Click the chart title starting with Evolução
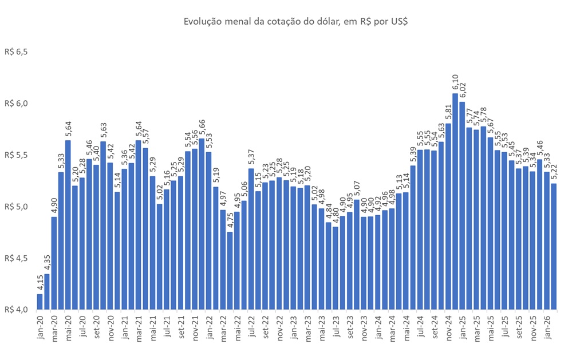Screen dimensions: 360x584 click(295, 21)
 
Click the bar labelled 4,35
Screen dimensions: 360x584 click(47, 291)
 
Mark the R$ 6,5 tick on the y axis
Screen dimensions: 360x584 click(16, 52)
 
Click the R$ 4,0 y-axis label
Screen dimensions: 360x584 click(16, 310)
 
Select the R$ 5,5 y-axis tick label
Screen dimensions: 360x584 click(16, 155)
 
